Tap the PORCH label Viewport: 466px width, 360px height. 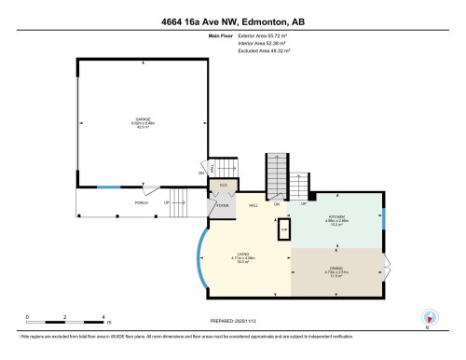coord(141,201)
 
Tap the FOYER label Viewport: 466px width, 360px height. coord(223,205)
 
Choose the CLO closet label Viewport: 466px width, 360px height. coord(224,185)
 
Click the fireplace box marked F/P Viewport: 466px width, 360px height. coord(284,227)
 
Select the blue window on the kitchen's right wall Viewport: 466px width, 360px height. coord(384,220)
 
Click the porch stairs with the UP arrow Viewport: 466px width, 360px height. coord(183,197)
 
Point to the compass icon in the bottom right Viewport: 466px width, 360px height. coord(428,316)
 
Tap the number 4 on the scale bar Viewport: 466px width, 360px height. coord(103,317)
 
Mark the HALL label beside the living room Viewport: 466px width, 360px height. coord(253,205)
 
